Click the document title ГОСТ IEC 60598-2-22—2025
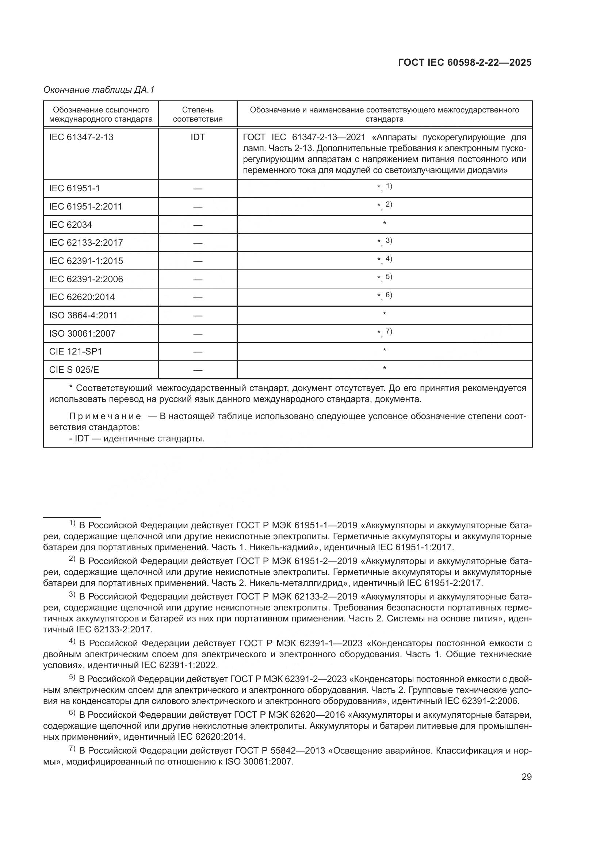[465, 62]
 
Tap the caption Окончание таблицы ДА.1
[99, 90]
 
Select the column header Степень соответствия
[198, 114]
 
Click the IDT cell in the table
[198, 137]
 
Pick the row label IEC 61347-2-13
[81, 137]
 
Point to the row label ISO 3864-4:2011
[83, 315]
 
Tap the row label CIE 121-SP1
[75, 352]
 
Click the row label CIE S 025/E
[74, 370]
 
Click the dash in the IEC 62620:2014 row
[198, 297]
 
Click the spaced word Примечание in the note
[105, 416]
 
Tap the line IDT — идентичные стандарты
[137, 438]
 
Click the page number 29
[526, 777]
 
